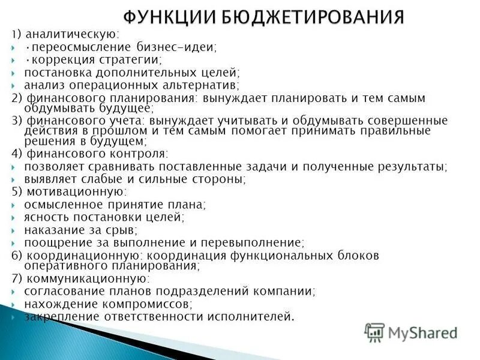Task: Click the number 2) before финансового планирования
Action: point(17,98)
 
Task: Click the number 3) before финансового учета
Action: point(17,121)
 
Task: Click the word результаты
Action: point(411,166)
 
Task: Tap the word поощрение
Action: point(53,243)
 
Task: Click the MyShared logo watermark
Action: point(411,332)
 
